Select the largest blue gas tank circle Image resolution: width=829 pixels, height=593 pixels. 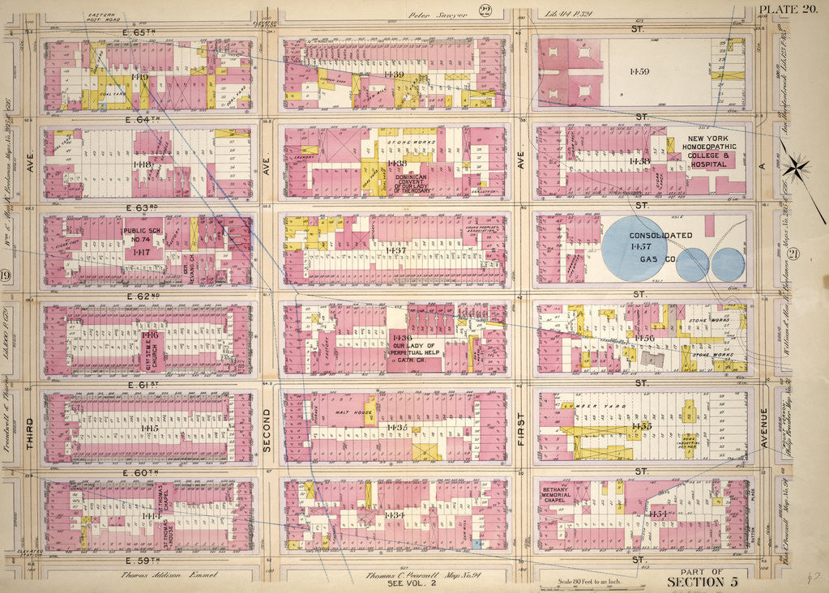(x=635, y=250)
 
